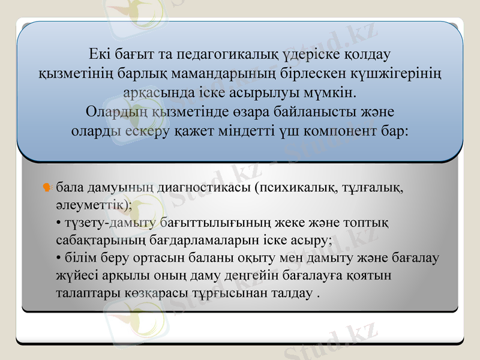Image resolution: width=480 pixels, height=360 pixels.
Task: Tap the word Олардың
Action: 118,112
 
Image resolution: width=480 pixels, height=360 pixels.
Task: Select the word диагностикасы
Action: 203,188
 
